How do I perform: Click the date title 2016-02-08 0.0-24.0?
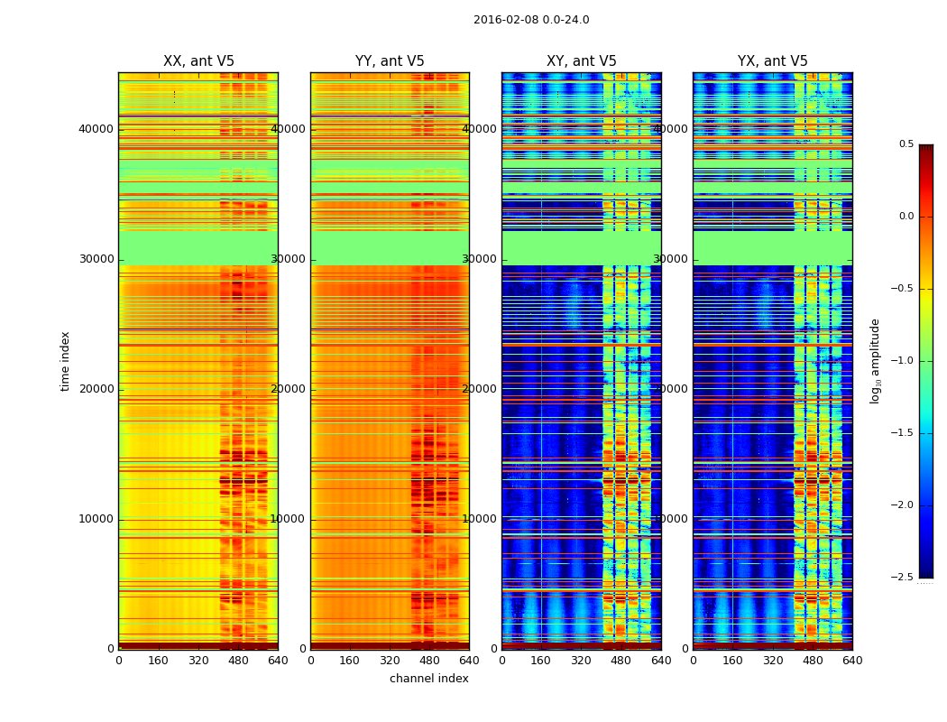pyautogui.click(x=531, y=20)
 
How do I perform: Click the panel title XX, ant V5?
pyautogui.click(x=198, y=61)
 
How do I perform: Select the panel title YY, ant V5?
pyautogui.click(x=390, y=61)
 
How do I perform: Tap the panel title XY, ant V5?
pyautogui.click(x=582, y=61)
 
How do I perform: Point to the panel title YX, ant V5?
pyautogui.click(x=773, y=61)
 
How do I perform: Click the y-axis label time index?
pyautogui.click(x=65, y=361)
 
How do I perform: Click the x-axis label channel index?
pyautogui.click(x=429, y=679)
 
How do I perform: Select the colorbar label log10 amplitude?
pyautogui.click(x=875, y=361)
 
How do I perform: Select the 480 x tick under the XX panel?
pyautogui.click(x=238, y=661)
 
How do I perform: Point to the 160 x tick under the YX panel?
pyautogui.click(x=732, y=661)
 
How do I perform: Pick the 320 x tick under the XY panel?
pyautogui.click(x=581, y=661)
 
